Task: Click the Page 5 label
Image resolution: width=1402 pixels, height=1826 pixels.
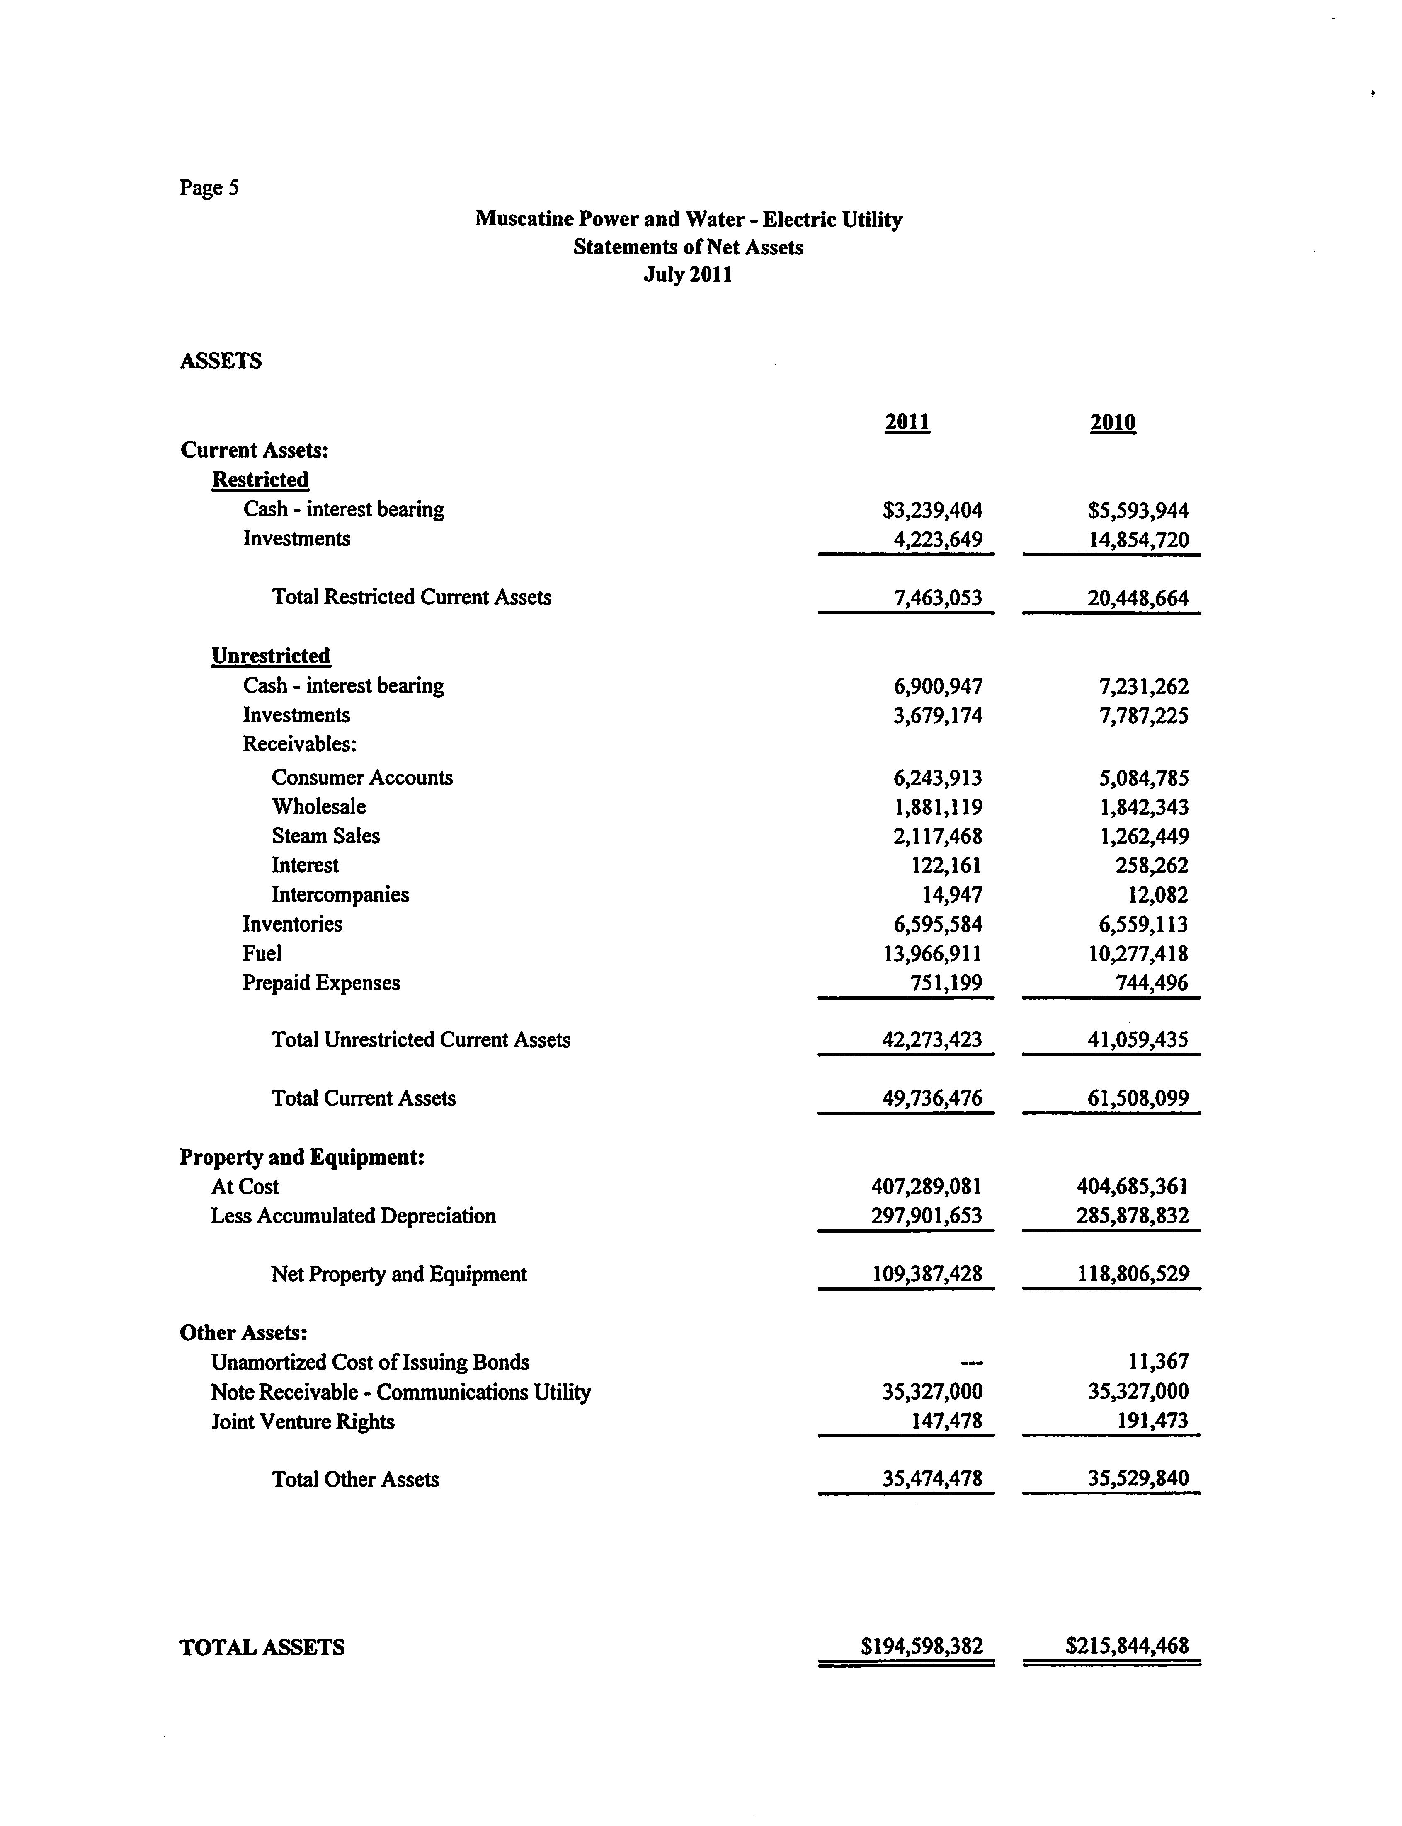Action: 209,188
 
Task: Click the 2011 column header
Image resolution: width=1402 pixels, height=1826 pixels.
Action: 907,422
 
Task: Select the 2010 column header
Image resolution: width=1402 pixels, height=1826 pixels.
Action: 1112,422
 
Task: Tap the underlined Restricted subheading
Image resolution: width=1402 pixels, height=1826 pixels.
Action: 260,480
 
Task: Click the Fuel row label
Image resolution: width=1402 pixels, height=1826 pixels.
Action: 262,953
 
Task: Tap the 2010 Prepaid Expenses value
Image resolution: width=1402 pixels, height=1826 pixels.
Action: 1152,983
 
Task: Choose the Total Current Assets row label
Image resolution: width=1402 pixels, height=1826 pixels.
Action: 364,1098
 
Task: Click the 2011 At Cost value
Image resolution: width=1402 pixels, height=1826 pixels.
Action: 927,1186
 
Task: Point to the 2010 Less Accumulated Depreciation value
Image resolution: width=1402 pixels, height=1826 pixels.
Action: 1133,1216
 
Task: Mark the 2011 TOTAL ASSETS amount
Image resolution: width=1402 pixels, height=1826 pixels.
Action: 922,1646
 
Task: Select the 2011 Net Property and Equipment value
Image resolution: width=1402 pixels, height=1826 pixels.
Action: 927,1274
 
